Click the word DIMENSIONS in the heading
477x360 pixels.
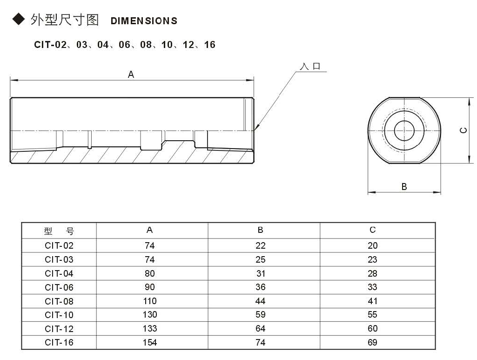click(144, 21)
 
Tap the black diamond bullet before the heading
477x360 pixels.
click(18, 20)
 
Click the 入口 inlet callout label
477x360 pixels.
click(310, 67)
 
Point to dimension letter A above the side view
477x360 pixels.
click(131, 74)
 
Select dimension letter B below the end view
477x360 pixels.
click(404, 186)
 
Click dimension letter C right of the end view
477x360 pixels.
click(463, 130)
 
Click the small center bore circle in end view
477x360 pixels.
click(404, 130)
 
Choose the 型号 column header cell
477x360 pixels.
click(59, 231)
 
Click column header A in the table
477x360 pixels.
click(149, 230)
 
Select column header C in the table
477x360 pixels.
click(372, 230)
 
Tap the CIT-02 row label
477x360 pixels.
click(59, 245)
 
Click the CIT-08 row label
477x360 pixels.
click(59, 301)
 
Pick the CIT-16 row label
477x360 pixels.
click(59, 342)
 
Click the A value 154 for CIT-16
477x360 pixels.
click(150, 342)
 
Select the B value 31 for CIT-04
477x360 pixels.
click(261, 273)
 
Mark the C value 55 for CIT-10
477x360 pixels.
click(372, 315)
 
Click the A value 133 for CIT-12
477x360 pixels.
click(150, 329)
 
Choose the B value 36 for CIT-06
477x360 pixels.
click(261, 287)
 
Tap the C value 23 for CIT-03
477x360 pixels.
click(372, 259)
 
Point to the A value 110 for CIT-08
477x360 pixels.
click(150, 301)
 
